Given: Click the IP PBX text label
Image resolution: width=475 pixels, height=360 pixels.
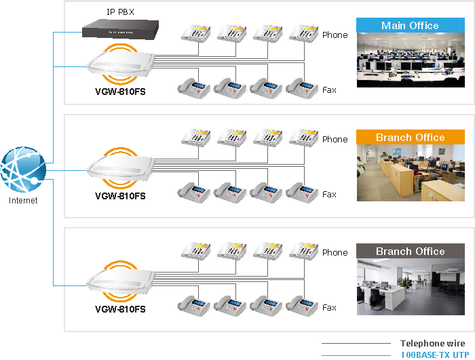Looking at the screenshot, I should click(x=120, y=12).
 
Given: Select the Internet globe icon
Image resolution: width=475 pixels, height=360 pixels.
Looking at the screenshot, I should click(x=23, y=169).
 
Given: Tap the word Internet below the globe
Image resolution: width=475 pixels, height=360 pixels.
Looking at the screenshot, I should click(x=23, y=201).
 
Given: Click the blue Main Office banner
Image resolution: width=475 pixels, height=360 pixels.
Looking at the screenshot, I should click(x=410, y=26).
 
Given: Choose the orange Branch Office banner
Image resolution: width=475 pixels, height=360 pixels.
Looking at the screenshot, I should click(x=410, y=138).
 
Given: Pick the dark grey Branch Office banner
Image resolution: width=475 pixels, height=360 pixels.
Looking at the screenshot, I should click(x=410, y=252).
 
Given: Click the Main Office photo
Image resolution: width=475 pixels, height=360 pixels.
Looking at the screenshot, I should click(x=410, y=60).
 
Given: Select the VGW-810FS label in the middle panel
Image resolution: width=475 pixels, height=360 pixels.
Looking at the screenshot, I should click(x=120, y=196).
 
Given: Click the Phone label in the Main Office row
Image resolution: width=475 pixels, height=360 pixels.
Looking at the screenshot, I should click(x=335, y=35).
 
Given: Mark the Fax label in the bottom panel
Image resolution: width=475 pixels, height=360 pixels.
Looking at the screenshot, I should click(x=329, y=308).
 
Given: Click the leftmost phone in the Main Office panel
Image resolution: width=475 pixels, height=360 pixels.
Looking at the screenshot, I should click(x=195, y=33).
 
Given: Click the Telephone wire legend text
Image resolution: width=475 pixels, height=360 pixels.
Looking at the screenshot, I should click(x=432, y=344).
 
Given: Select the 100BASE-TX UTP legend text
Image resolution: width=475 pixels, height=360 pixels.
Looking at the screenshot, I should click(x=432, y=355).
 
